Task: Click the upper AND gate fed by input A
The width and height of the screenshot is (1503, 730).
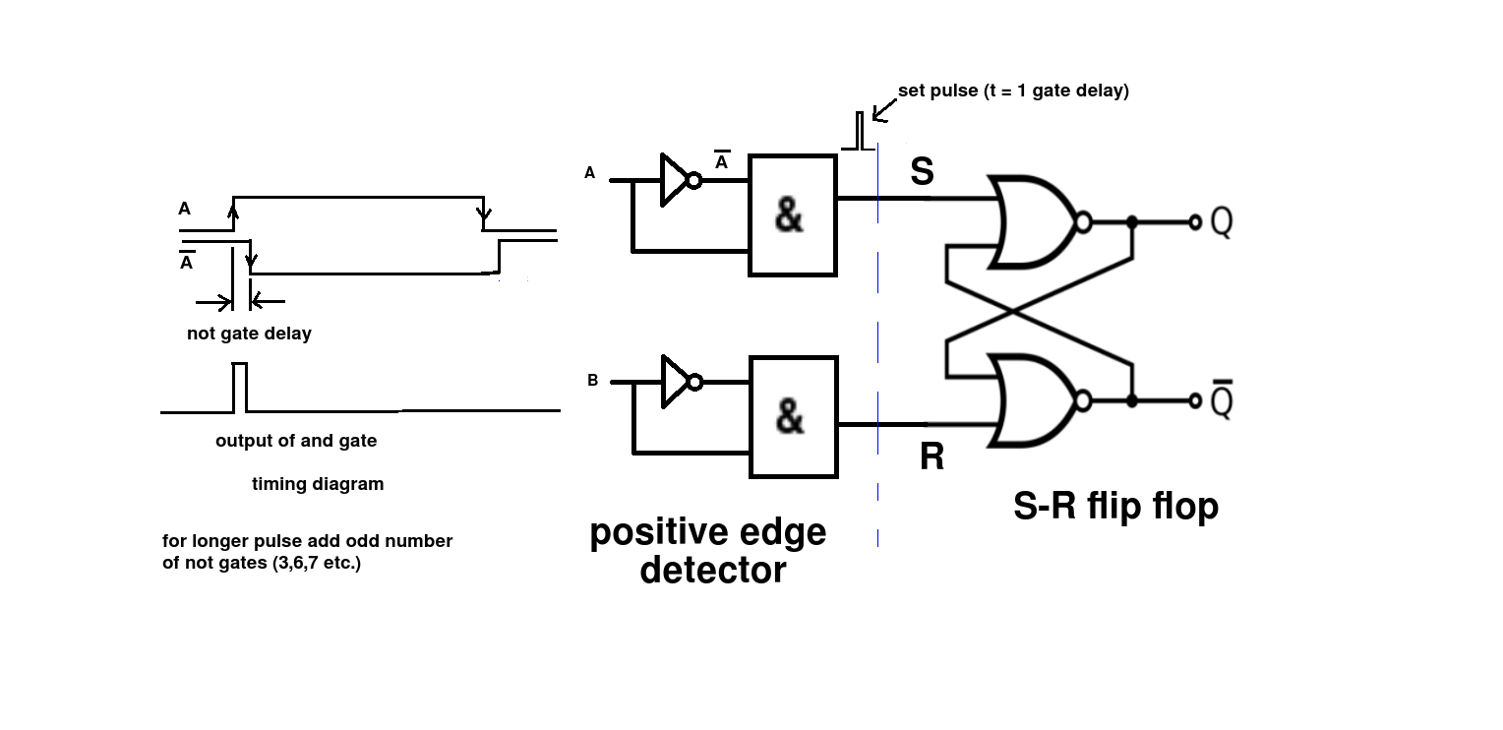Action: coord(793,215)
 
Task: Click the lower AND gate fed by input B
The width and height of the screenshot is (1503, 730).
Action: coord(793,417)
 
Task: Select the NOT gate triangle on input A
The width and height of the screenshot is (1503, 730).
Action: coord(676,180)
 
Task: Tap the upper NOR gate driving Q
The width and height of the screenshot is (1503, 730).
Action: coord(1033,222)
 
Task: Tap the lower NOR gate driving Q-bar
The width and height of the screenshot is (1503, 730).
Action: coord(1033,400)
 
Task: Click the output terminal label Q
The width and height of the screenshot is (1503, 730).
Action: coord(1221,222)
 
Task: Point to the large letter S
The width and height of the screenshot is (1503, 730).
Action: coord(922,172)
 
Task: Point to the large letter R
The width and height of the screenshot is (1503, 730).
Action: coord(931,457)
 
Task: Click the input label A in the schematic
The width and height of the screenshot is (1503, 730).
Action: coord(590,173)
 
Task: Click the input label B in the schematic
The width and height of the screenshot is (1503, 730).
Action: coord(592,381)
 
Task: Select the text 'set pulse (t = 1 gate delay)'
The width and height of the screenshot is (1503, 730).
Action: coord(1013,91)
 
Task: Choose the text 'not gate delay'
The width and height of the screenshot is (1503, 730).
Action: coord(249,334)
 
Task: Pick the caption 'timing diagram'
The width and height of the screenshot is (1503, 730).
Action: coord(318,484)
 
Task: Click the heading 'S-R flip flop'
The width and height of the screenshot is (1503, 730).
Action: coord(1115,506)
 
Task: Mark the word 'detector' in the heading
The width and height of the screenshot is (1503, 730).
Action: coord(712,570)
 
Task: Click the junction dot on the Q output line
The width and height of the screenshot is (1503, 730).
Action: coord(1132,222)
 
